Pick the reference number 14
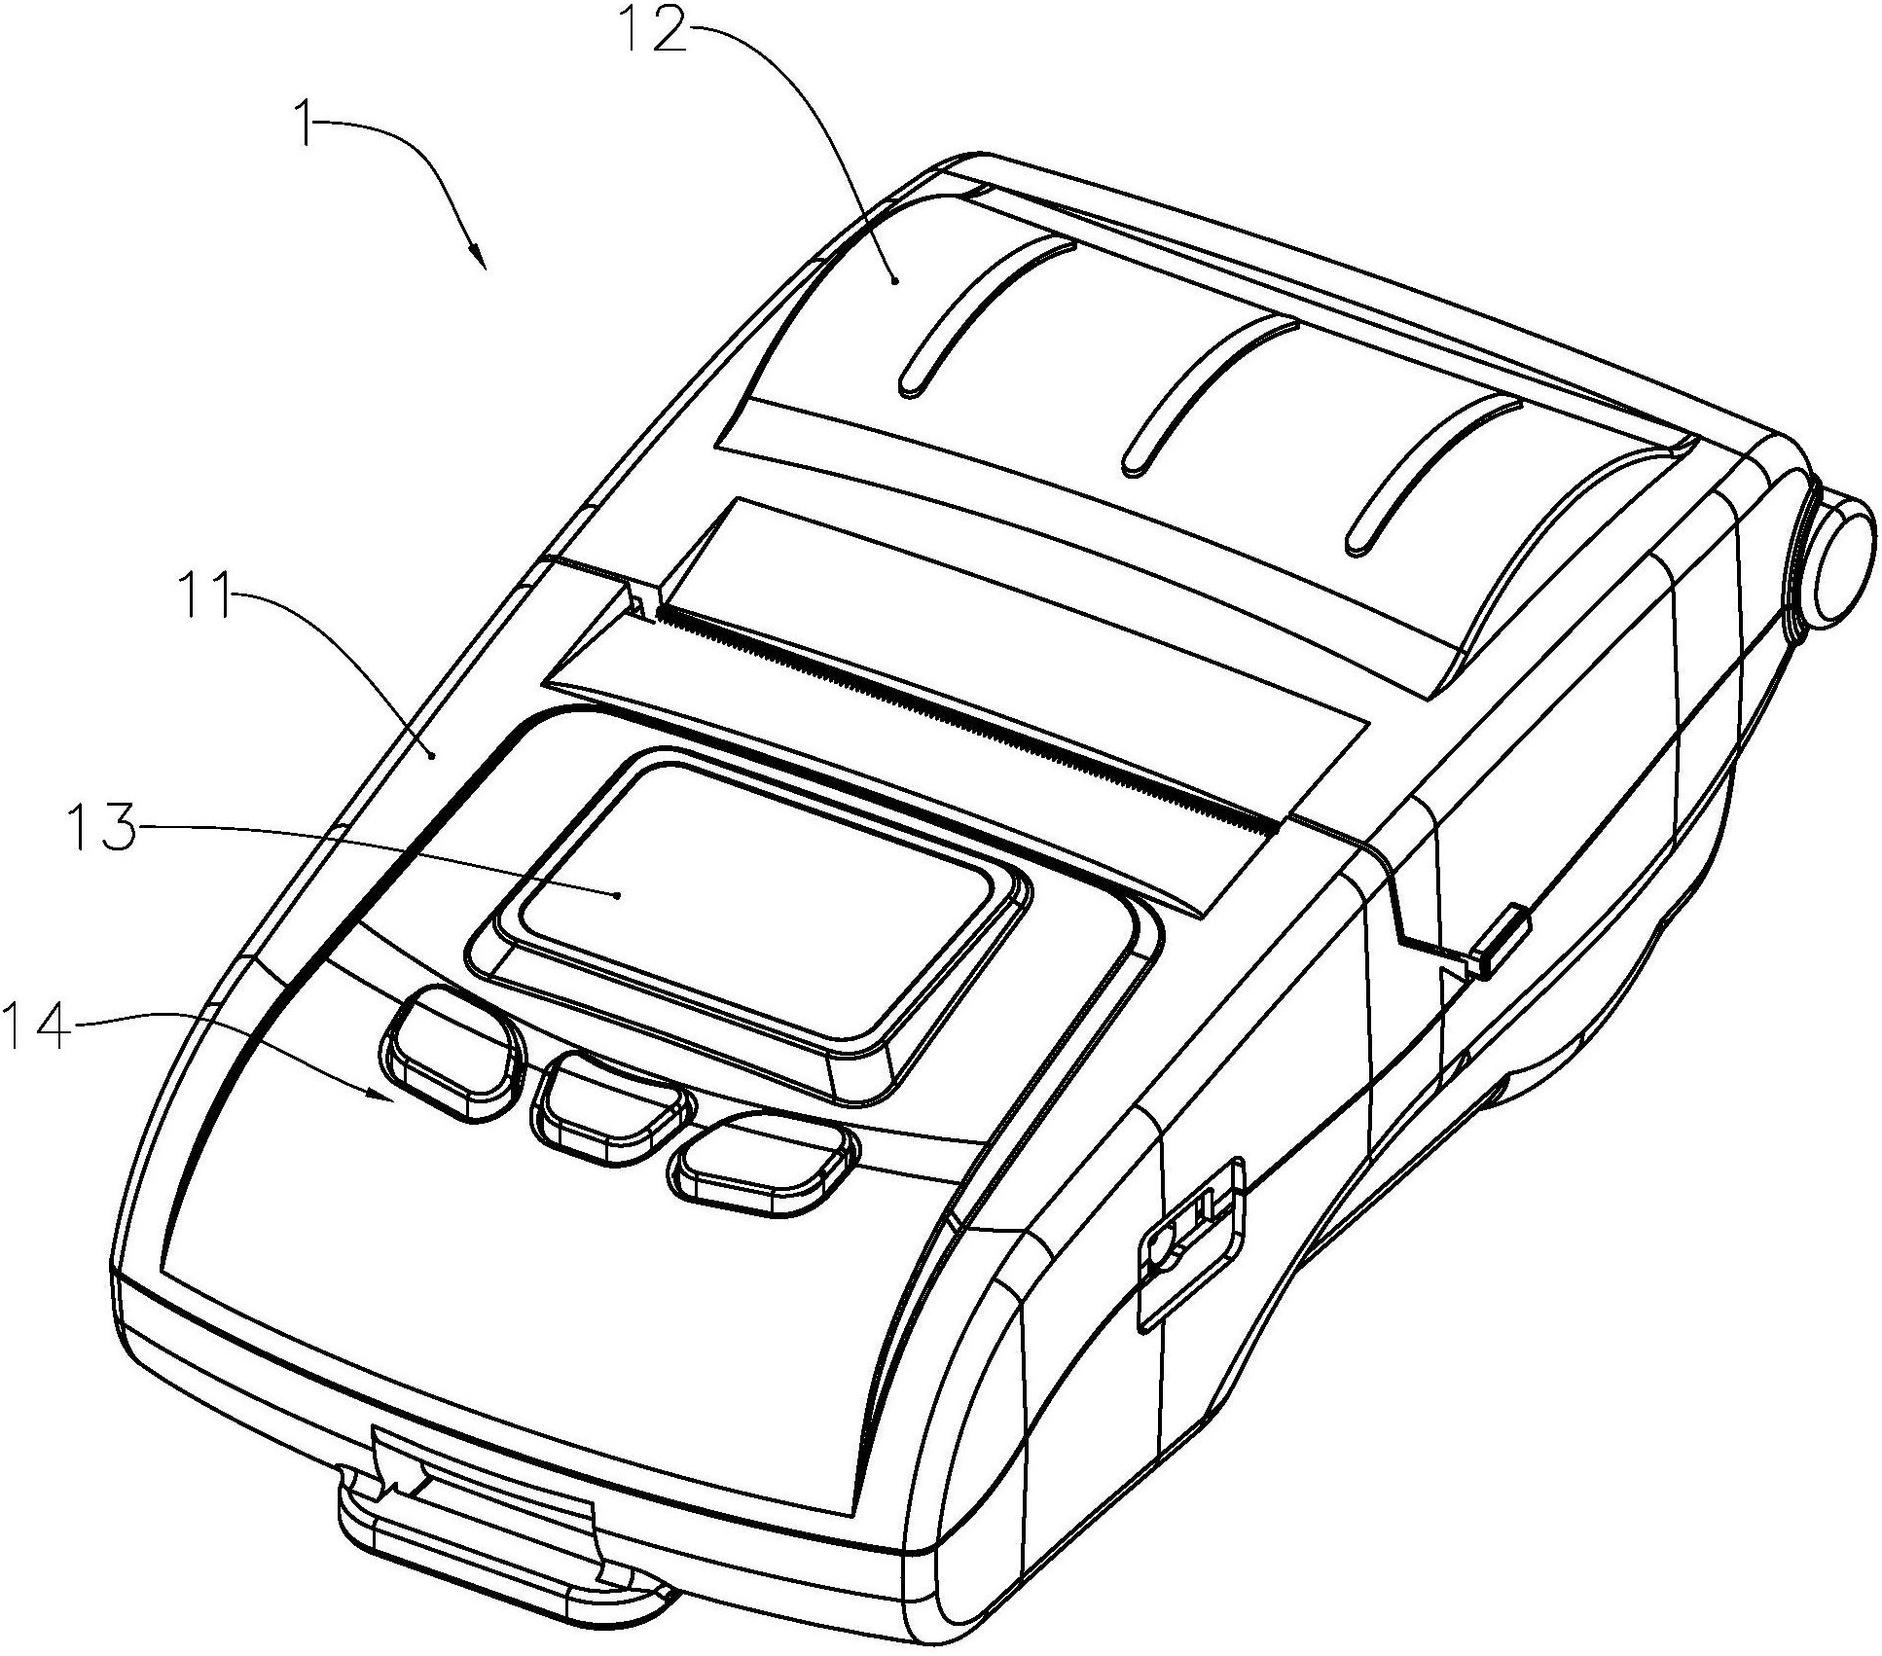[x=39, y=1027]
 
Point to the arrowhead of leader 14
[x=382, y=1096]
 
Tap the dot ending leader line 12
[x=895, y=280]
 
